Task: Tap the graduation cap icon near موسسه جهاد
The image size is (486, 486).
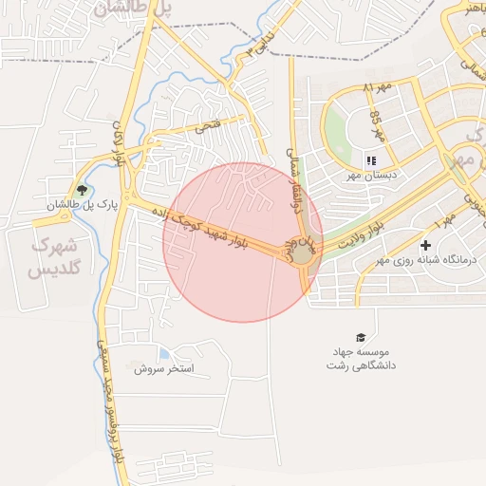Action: (360, 338)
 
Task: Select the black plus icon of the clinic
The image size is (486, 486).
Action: (425, 245)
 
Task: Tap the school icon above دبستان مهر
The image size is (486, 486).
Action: (371, 161)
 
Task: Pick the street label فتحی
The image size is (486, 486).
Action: (207, 125)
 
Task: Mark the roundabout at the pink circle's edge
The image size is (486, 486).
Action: (301, 253)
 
